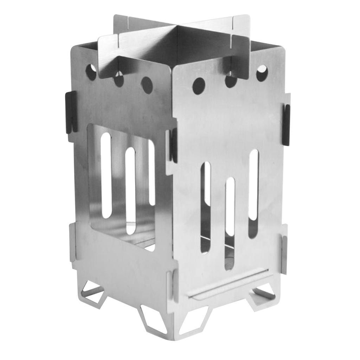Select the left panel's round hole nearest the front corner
pos(147,83)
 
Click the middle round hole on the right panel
pos(231,80)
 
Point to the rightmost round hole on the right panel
pos(262,73)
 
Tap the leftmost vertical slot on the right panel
pos(206,207)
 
